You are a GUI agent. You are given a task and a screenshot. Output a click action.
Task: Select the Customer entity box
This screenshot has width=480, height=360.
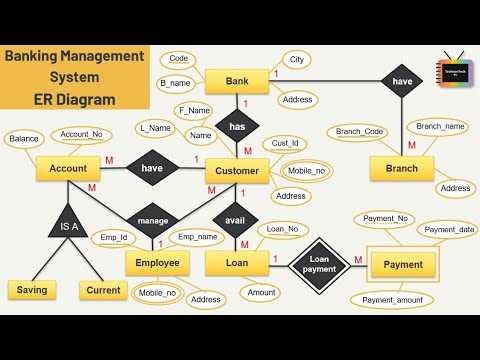(237, 171)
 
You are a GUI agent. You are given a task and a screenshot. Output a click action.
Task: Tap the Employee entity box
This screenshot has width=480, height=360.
(157, 263)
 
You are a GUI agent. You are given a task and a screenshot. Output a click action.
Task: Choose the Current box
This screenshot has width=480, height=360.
(103, 290)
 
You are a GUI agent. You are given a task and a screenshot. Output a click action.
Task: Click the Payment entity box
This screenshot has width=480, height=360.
(403, 265)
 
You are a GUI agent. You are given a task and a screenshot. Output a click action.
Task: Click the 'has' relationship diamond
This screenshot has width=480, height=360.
(237, 127)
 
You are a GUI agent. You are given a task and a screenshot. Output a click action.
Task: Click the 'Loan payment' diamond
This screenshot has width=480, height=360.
(320, 264)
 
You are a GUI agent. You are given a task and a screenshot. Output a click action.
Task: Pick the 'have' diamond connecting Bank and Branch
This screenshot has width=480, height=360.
(402, 82)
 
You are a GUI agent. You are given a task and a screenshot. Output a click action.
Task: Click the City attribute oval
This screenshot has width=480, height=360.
(296, 59)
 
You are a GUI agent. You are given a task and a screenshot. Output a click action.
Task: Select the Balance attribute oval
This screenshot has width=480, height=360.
(25, 139)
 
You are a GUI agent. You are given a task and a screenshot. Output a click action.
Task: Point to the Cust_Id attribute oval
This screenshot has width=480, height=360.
(285, 144)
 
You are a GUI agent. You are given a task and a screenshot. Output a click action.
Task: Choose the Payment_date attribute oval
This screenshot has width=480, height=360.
(447, 230)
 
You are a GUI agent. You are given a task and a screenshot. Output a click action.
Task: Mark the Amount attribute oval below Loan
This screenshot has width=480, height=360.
(262, 293)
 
